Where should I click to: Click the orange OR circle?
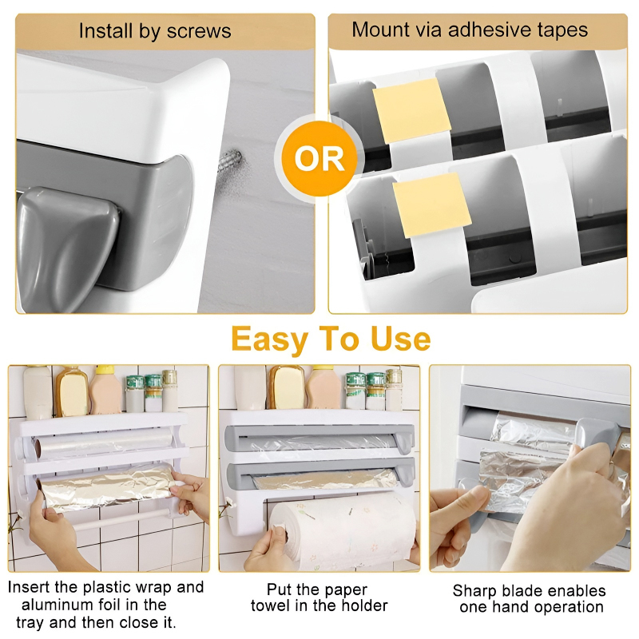319,159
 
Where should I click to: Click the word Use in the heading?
400,339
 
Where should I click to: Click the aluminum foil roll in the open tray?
108,488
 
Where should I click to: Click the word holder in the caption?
363,606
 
